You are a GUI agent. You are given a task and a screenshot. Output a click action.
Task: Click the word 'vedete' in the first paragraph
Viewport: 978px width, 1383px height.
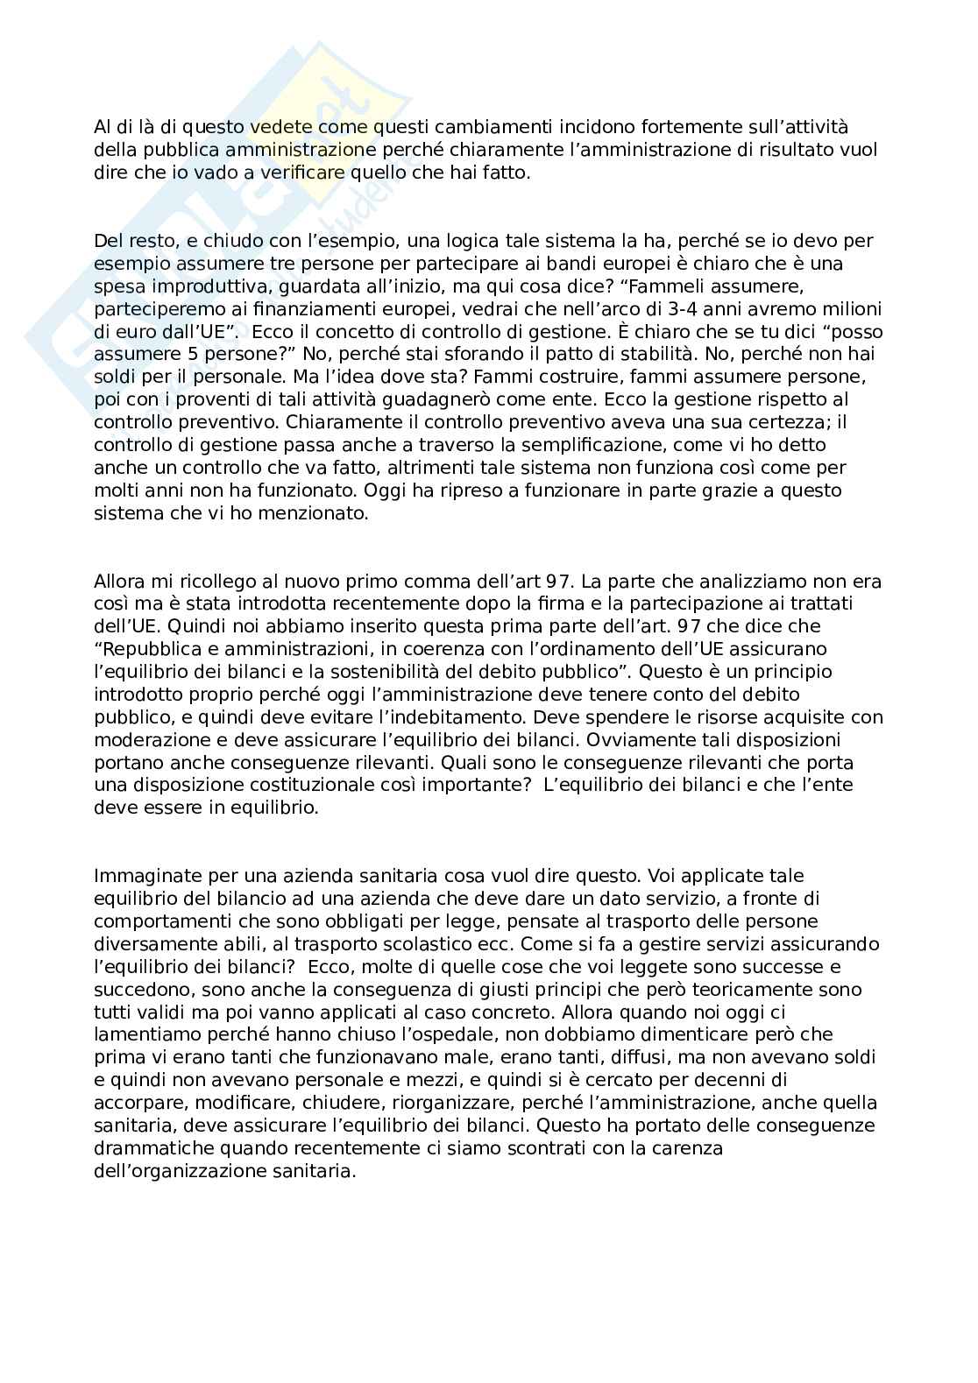coord(276,128)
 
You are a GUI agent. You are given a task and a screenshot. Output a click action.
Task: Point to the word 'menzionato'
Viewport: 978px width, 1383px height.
coord(309,514)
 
